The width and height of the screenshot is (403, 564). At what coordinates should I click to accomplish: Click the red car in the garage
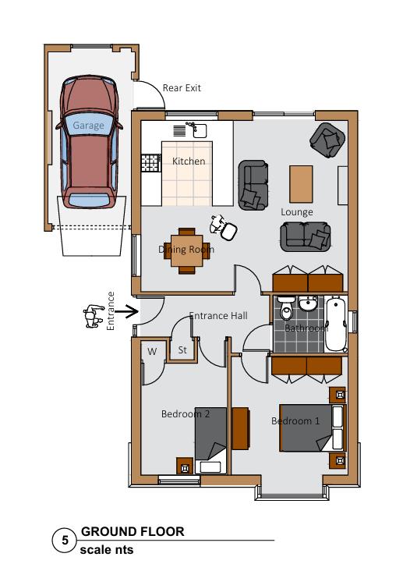88,140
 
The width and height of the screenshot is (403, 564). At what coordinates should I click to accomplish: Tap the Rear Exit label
182,88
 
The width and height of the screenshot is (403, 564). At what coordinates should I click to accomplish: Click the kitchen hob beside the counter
147,163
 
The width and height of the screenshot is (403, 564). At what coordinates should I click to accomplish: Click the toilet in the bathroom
286,311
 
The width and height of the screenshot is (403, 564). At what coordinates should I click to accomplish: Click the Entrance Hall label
218,316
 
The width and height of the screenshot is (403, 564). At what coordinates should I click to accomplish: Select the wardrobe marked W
152,352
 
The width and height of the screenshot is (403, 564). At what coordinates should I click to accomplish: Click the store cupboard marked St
183,351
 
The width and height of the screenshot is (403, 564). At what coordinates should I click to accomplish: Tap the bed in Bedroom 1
310,427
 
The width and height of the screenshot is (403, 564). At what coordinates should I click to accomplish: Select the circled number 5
65,539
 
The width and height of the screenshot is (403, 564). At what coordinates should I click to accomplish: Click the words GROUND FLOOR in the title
133,532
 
